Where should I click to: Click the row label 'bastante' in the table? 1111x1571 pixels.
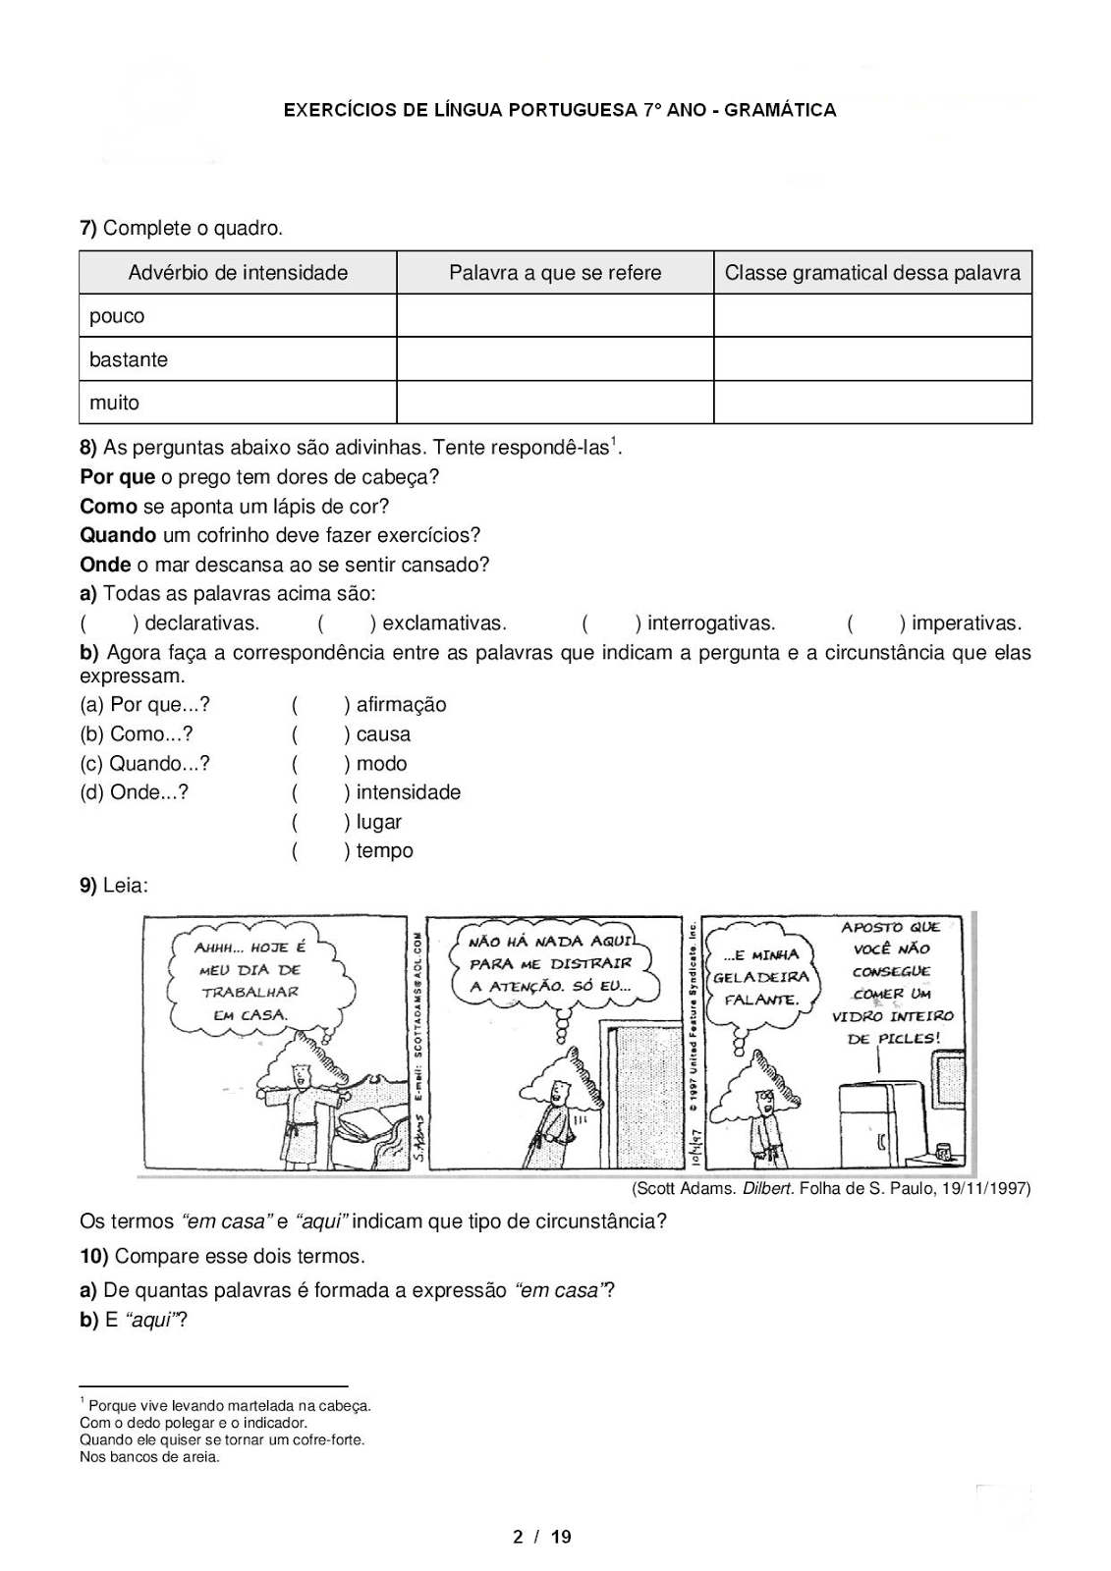[129, 359]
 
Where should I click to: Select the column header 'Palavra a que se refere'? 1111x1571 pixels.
[555, 273]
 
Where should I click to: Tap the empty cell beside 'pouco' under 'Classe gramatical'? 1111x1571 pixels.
[872, 316]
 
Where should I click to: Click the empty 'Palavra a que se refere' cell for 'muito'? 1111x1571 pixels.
[555, 403]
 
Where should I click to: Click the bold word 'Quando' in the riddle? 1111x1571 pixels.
[118, 536]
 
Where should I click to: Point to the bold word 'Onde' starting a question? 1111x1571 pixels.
[105, 565]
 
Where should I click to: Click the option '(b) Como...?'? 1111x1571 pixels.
[137, 734]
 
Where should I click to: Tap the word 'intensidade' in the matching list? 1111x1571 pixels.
[408, 792]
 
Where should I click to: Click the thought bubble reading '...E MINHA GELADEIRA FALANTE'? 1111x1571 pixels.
[760, 976]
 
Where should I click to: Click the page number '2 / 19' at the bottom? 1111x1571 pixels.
[542, 1537]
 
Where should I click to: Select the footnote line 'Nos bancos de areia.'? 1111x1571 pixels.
[149, 1457]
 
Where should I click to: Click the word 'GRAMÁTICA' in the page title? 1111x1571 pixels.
[782, 111]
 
